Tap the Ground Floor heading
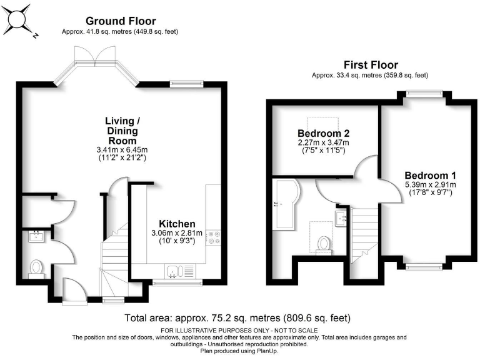tap(121, 22)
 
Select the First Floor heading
tap(371, 65)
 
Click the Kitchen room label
tap(177, 224)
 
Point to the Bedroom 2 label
tap(323, 133)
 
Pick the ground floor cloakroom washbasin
tap(36, 236)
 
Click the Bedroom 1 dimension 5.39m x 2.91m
tap(430, 184)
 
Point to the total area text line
tap(238, 317)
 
